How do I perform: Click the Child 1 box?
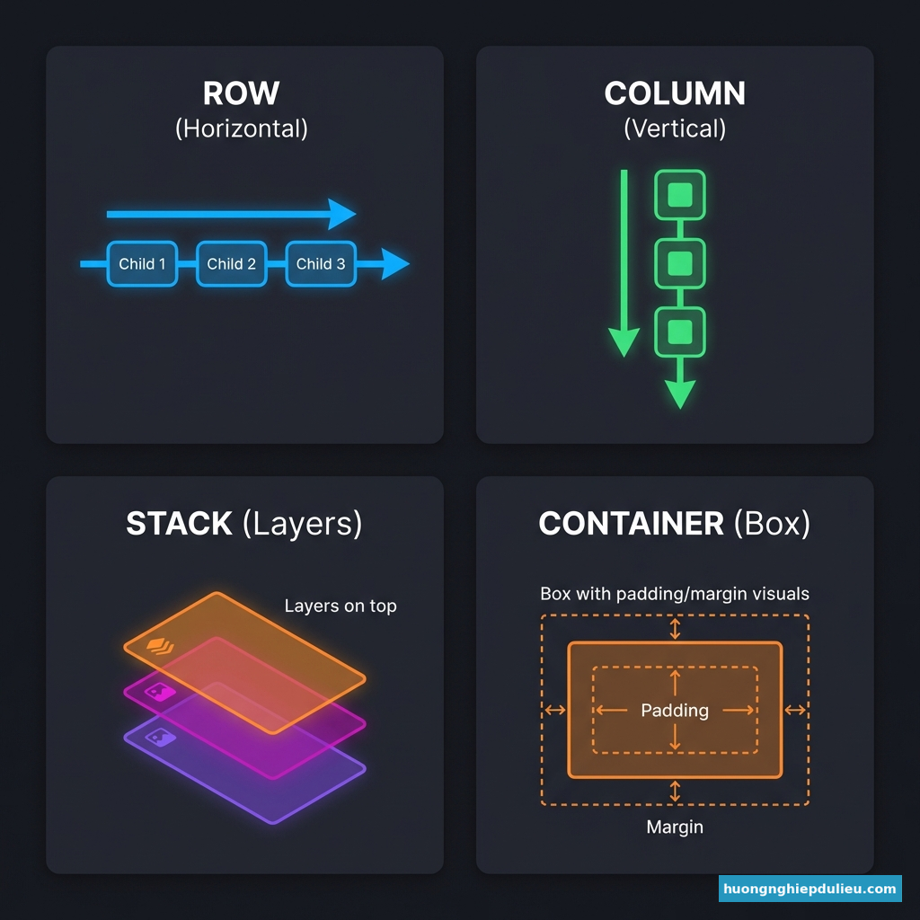[x=142, y=264]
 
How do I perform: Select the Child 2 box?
[x=231, y=264]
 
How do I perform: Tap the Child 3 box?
[x=320, y=264]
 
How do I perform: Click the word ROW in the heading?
[x=241, y=94]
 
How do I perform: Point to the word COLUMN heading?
[x=674, y=94]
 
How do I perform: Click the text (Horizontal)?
[x=241, y=128]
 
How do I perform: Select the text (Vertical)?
[x=674, y=128]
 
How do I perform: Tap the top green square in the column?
[x=680, y=195]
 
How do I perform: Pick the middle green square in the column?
[x=680, y=263]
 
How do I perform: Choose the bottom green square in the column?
[x=680, y=331]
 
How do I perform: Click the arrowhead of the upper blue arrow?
[x=342, y=214]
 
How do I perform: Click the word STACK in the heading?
[x=179, y=524]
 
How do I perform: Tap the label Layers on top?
[x=340, y=606]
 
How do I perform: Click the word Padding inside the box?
[x=675, y=711]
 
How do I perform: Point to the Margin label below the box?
[x=675, y=827]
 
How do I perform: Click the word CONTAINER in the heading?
[x=631, y=524]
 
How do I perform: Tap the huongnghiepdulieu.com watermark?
[x=810, y=889]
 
